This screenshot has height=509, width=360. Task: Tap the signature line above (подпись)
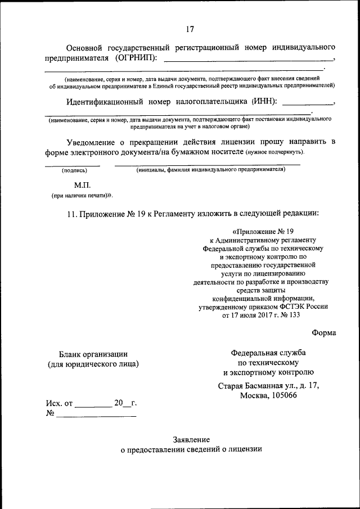coord(73,165)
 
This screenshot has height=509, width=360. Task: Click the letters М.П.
coord(82,184)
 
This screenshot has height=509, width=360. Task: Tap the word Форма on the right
coord(324,332)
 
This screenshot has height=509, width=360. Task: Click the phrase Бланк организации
coord(93,354)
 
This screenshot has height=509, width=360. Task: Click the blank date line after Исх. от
coord(93,405)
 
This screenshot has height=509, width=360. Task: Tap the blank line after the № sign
coord(96,416)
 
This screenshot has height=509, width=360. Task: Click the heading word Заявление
coord(191,439)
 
